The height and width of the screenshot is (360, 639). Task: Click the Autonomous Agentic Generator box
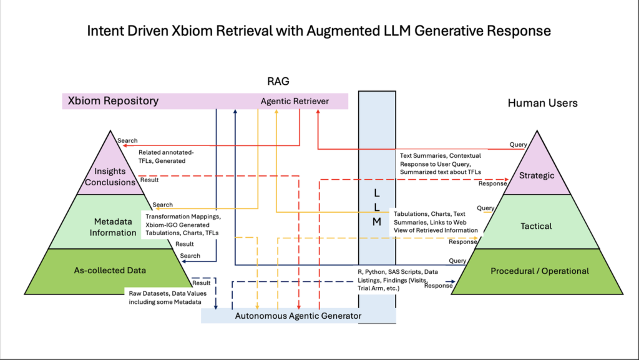coord(298,316)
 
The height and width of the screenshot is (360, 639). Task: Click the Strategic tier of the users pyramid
coord(537,175)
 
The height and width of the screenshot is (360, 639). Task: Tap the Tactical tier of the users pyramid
coord(537,226)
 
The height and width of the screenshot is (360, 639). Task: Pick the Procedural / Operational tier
coord(539,271)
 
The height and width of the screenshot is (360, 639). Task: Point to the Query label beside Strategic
coord(519,145)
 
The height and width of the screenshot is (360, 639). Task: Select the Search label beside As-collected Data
coord(190,256)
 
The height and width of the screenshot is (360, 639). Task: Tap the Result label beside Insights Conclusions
coord(149,180)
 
